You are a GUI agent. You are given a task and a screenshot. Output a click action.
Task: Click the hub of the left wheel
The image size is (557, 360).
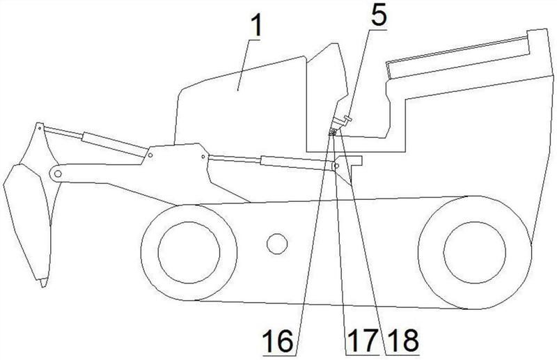pos(188,249)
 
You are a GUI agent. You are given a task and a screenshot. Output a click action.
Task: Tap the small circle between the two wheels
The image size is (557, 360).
pos(276,244)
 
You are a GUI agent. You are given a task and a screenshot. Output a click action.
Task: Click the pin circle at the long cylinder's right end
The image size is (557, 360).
pos(337,166)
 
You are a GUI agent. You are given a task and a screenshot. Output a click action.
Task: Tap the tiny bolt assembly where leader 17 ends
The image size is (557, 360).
pos(335,132)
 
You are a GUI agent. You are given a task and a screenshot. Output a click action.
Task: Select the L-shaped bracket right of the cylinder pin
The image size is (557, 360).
pos(355,162)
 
